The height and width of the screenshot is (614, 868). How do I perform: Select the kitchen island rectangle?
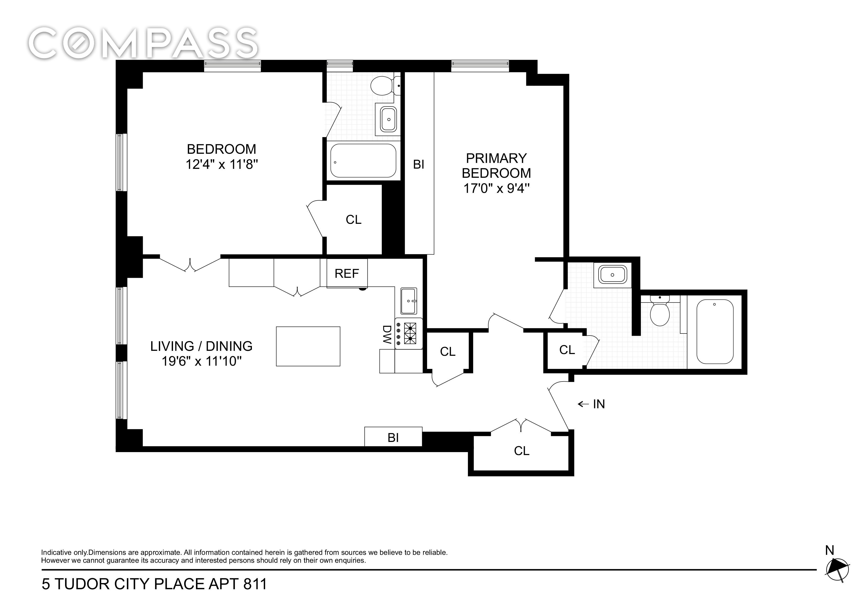308,346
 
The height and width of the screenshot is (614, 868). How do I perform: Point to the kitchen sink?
409,301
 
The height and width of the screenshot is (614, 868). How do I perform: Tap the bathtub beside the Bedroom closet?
363,160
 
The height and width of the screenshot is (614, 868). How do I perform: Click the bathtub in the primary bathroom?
715,332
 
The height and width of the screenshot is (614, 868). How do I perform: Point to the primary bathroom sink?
612,275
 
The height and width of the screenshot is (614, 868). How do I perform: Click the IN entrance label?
599,404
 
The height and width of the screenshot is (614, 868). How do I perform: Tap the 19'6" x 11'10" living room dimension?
201,361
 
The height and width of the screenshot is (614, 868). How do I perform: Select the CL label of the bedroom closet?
354,219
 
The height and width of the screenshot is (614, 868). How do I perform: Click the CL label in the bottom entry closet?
522,451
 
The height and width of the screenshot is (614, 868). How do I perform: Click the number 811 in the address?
255,584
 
